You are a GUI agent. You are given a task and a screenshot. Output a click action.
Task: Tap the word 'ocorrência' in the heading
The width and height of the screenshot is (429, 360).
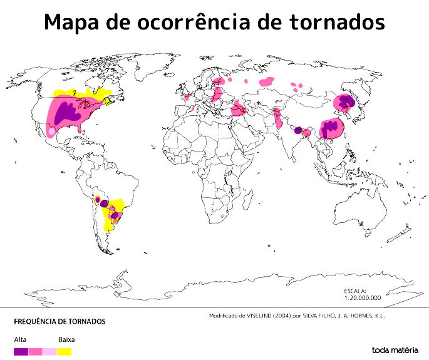[197, 23]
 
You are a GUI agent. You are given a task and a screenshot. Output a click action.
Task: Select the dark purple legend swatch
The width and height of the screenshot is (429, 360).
[21, 351]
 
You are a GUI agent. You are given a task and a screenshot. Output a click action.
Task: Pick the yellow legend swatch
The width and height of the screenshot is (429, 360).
[64, 351]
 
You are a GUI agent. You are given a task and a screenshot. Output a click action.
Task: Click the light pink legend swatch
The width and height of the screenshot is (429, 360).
[49, 351]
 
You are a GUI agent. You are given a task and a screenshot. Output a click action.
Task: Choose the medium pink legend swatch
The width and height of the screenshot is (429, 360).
[35, 351]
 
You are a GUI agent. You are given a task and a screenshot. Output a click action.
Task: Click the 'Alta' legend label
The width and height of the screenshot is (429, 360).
[19, 339]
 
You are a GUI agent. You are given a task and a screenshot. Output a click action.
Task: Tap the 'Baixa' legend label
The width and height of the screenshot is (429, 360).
[66, 339]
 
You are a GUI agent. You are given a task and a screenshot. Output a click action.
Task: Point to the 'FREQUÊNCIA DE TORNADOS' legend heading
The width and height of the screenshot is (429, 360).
[59, 322]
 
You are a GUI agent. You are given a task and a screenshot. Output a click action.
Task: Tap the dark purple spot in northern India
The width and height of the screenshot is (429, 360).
[298, 130]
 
